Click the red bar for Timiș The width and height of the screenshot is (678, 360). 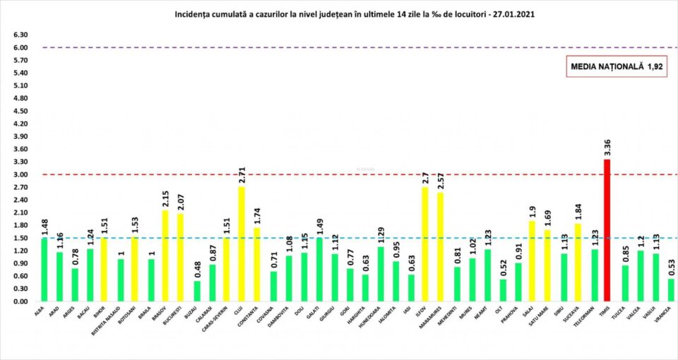tap(606, 230)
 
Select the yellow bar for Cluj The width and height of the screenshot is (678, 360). tap(242, 244)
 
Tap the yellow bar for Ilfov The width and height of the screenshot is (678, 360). tap(425, 244)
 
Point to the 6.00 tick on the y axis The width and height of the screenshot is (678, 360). tap(20, 48)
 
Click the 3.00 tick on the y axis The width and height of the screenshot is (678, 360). tap(20, 174)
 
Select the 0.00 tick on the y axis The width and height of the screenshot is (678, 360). tap(20, 301)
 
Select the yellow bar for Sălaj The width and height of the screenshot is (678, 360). tap(532, 261)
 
